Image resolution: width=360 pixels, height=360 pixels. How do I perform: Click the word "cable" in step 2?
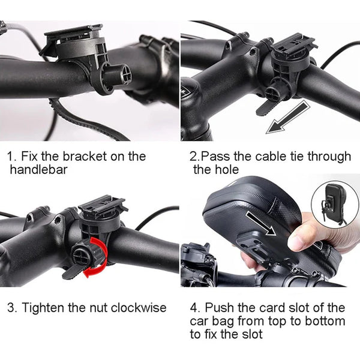(263, 157)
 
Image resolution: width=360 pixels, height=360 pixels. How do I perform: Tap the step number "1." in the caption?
(12, 157)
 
